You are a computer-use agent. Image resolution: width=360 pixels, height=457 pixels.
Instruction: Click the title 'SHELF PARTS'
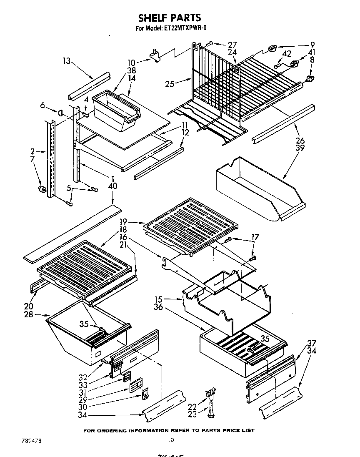click(169, 18)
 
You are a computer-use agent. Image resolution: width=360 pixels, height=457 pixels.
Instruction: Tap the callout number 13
click(67, 61)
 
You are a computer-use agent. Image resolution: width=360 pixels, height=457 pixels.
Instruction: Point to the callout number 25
click(169, 84)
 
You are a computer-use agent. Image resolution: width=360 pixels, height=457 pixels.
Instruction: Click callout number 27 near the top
click(232, 45)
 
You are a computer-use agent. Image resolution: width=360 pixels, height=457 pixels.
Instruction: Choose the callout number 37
click(312, 343)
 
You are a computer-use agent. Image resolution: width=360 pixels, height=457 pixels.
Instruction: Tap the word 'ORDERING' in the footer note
click(112, 430)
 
